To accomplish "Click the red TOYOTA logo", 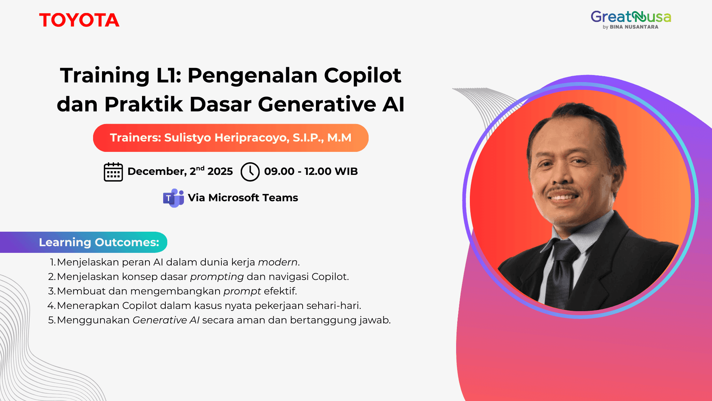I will [x=79, y=20].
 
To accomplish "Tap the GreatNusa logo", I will [x=630, y=17].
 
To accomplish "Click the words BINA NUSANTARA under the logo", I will [x=634, y=27].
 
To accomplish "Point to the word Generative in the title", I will [x=317, y=104].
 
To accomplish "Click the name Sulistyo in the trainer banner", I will [x=188, y=138].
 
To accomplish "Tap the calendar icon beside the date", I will [x=113, y=172].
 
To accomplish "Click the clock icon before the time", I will [x=250, y=172].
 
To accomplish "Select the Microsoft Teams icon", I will [x=173, y=198].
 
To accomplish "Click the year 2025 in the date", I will [x=220, y=172].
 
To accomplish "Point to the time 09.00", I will [x=279, y=172].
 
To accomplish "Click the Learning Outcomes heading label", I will [x=99, y=242].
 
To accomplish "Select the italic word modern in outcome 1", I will [x=278, y=262].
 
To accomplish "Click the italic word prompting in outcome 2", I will [x=217, y=277].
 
